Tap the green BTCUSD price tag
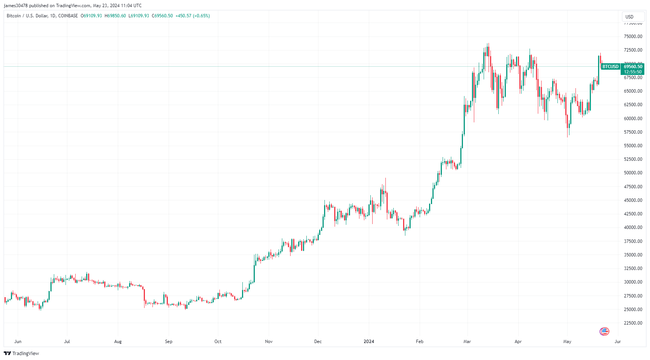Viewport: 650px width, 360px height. point(610,67)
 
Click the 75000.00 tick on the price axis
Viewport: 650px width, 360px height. point(633,37)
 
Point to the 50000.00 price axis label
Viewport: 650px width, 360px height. point(633,173)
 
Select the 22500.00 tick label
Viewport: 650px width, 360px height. point(633,323)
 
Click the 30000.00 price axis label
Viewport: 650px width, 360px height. point(633,282)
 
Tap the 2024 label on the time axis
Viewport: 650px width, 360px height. point(369,342)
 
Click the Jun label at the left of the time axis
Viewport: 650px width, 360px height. point(18,342)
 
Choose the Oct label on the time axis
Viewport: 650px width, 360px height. point(218,342)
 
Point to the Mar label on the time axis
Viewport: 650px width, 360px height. point(467,342)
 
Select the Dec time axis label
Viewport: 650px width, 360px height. point(318,342)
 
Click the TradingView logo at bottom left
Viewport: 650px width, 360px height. point(21,353)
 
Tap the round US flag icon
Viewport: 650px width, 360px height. point(604,331)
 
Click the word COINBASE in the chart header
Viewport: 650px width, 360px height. point(68,16)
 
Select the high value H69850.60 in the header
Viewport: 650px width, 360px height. point(115,16)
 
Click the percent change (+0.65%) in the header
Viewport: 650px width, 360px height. point(201,16)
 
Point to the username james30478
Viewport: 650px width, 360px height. point(16,6)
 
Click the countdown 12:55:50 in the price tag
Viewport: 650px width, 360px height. point(633,72)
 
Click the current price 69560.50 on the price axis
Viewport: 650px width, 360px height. point(633,67)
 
